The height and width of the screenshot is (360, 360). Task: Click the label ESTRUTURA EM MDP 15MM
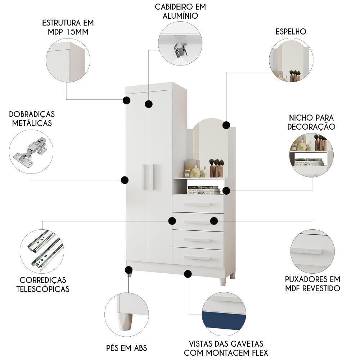click(x=68, y=27)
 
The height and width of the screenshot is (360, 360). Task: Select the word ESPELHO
click(x=291, y=31)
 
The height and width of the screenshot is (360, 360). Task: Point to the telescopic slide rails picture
click(x=41, y=250)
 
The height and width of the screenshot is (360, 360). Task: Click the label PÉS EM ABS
click(x=126, y=348)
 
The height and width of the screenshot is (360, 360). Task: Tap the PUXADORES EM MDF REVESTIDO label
click(x=312, y=284)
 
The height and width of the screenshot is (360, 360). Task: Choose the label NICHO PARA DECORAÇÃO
click(x=312, y=122)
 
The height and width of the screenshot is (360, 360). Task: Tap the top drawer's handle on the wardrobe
click(x=197, y=204)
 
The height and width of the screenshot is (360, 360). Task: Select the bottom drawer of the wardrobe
click(x=198, y=257)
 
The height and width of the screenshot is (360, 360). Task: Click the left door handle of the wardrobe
click(x=144, y=177)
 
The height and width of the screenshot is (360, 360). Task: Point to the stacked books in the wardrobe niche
click(x=203, y=190)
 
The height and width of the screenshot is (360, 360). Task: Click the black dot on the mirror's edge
click(x=226, y=125)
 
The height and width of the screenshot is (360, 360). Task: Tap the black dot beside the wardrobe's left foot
click(x=129, y=270)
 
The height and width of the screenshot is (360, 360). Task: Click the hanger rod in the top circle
click(x=180, y=49)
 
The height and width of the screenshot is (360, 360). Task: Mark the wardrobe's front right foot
click(x=223, y=281)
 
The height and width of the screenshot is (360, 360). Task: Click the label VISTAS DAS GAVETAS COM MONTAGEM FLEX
click(x=226, y=348)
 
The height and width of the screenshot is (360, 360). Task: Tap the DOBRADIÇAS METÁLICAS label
click(x=32, y=118)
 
